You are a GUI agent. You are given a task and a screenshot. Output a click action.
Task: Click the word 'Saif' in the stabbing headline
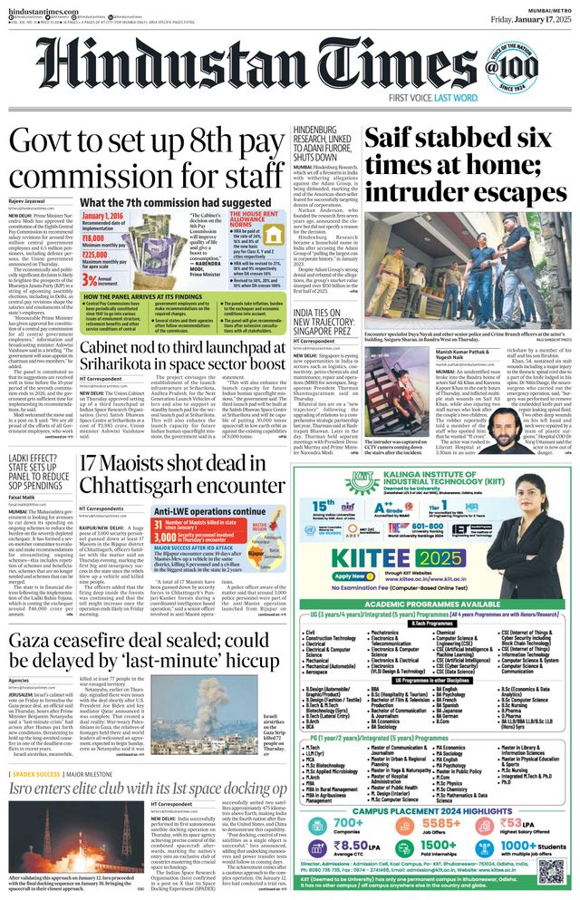coord(391,140)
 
